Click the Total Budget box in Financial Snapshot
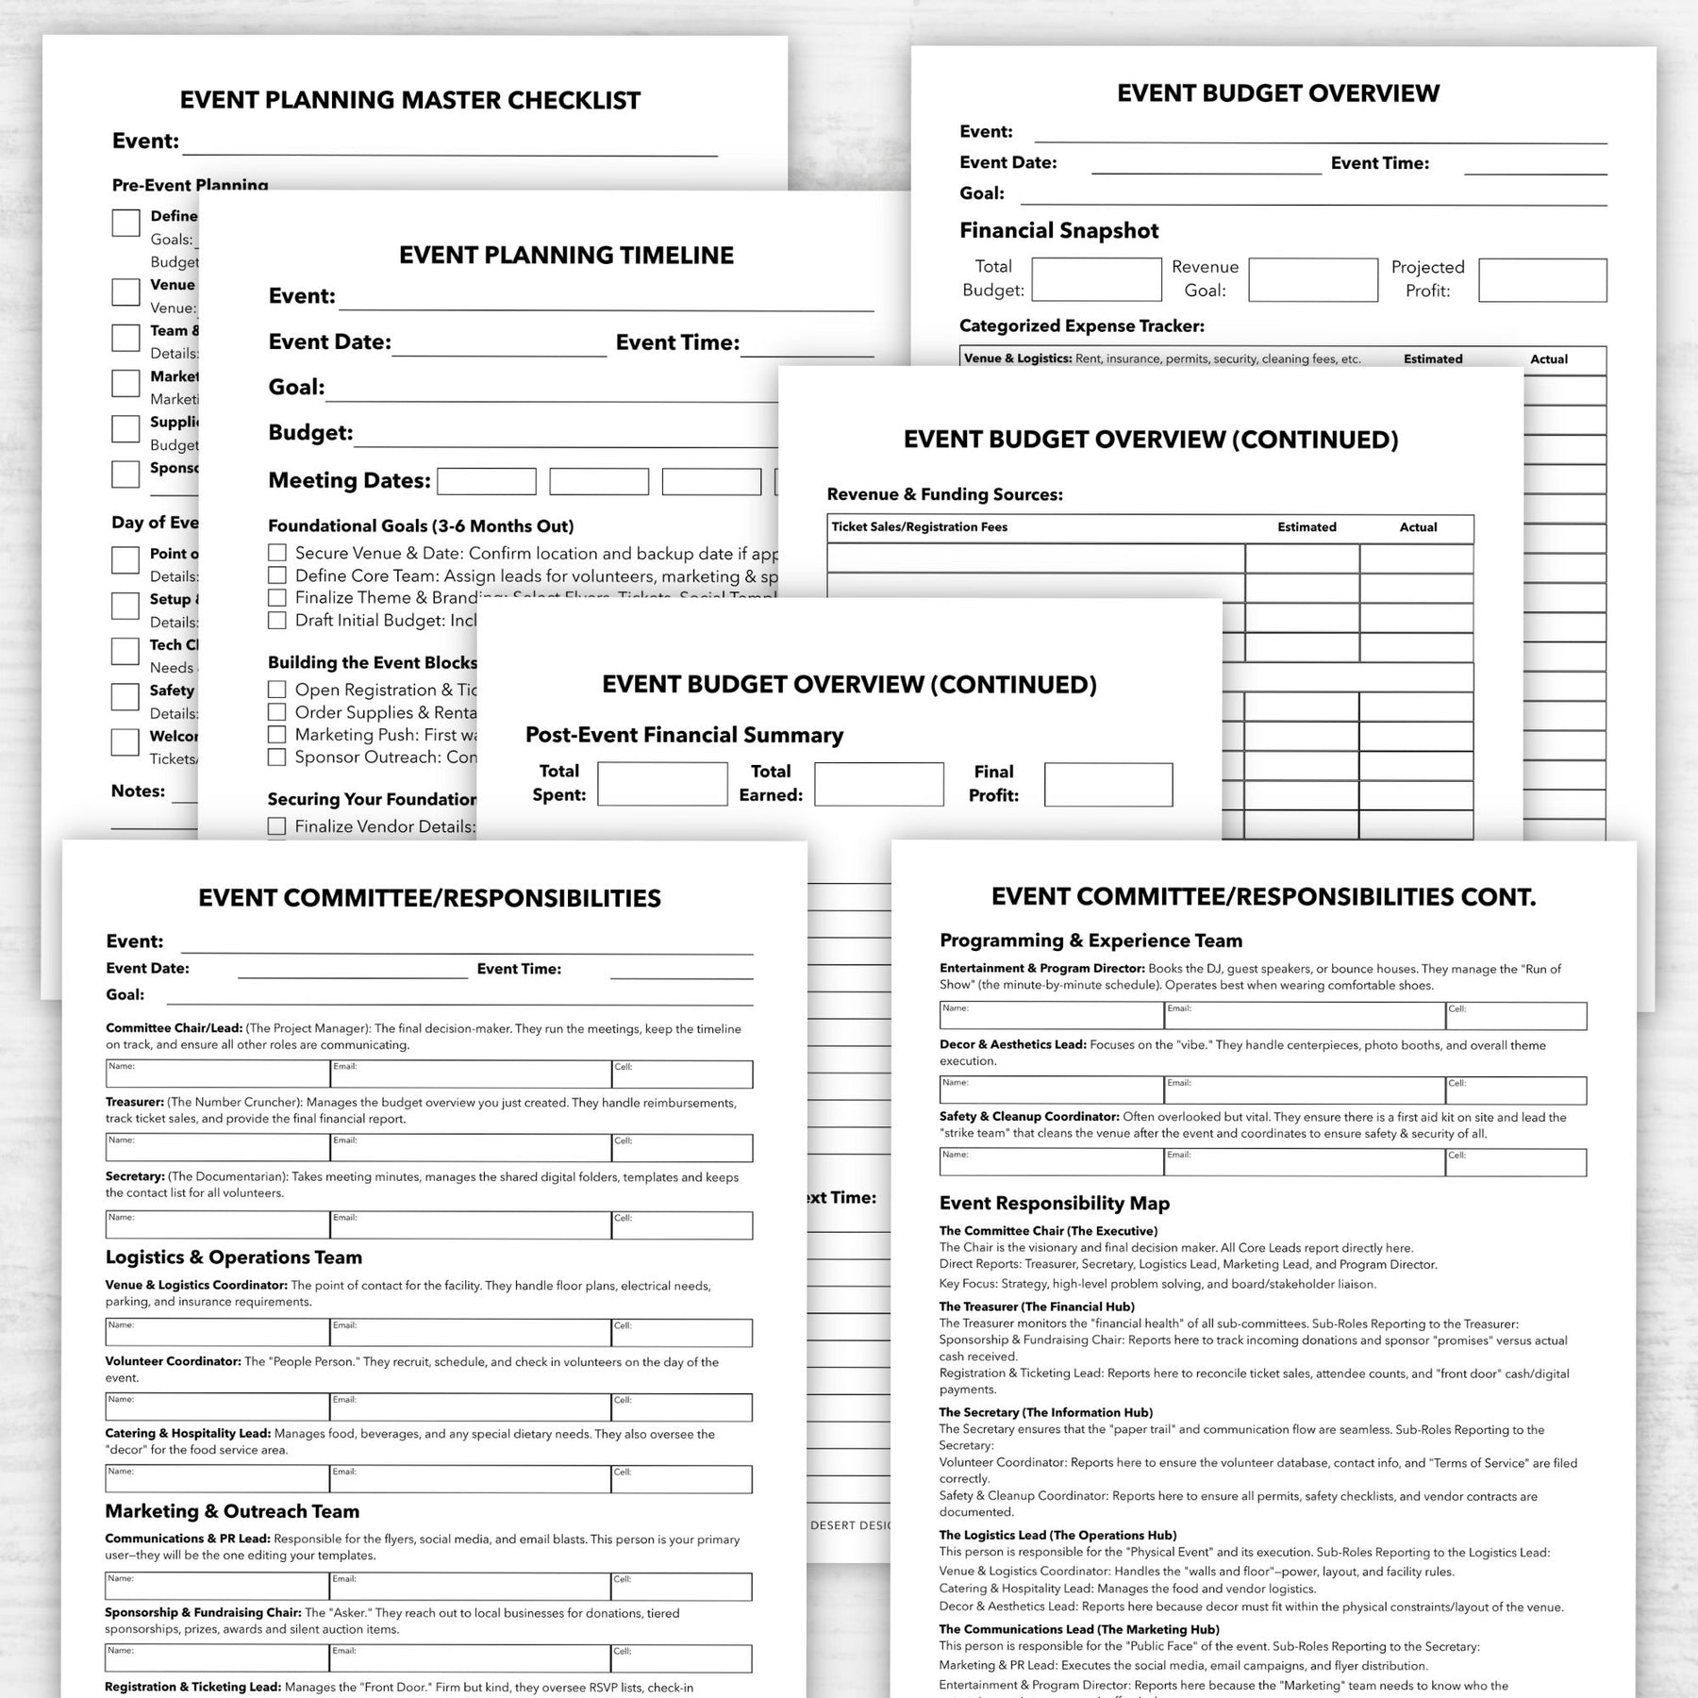tap(1096, 279)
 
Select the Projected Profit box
tap(1541, 280)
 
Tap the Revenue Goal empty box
tap(1312, 280)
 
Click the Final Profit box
tap(1107, 784)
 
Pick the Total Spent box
tap(662, 784)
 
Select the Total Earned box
tap(878, 784)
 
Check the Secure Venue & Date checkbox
tap(277, 553)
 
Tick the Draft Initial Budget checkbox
tap(277, 620)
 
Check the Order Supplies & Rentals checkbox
tap(277, 712)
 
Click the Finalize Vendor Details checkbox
tap(277, 826)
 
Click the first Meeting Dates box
tap(487, 481)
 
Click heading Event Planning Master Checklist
tap(410, 100)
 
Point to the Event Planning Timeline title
tap(566, 256)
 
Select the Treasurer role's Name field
tap(217, 1147)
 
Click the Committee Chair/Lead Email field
tap(471, 1074)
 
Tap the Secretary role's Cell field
tap(681, 1224)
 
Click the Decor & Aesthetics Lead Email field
tap(1305, 1090)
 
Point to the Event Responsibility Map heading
tap(1054, 1203)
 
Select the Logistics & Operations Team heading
tap(234, 1257)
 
